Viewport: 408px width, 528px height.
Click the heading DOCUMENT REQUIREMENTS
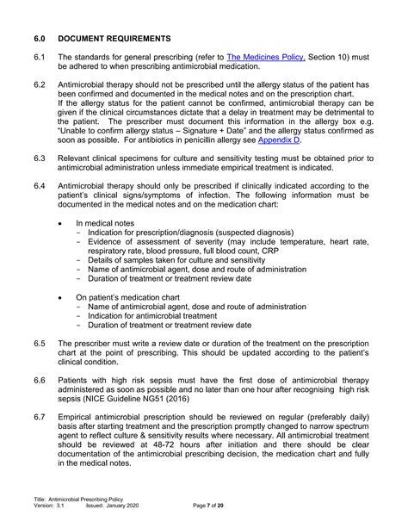[x=115, y=39]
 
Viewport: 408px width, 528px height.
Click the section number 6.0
[x=40, y=39]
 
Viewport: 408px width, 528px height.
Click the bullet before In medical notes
[x=59, y=223]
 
